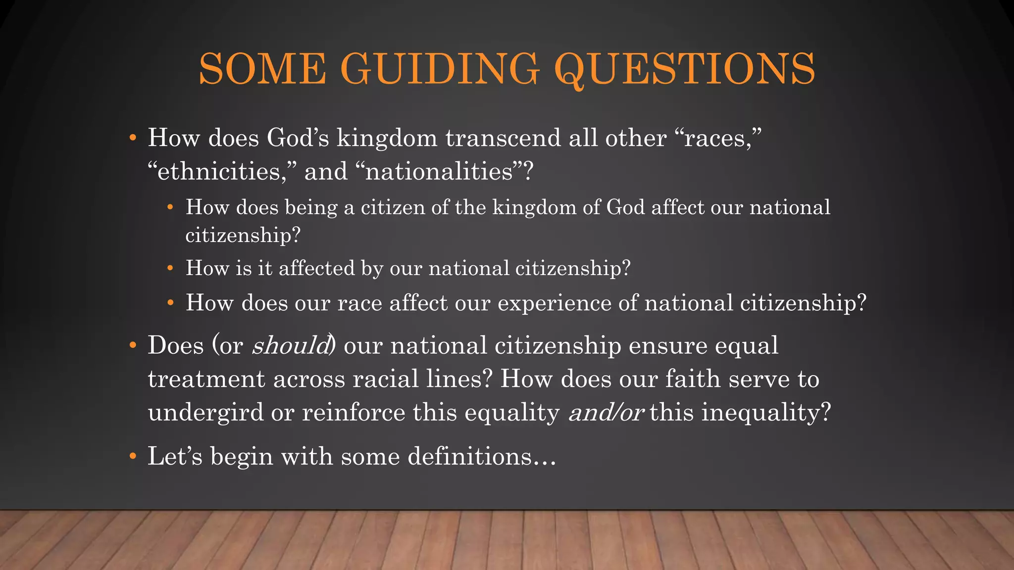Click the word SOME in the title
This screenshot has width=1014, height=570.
click(262, 69)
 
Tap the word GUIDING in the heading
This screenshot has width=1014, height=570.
click(440, 69)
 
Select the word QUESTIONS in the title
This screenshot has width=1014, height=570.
click(685, 70)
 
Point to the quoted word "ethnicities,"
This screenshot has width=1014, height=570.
click(222, 172)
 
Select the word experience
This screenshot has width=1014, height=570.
click(554, 303)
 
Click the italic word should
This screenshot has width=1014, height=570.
click(291, 345)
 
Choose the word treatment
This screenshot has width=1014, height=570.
click(206, 380)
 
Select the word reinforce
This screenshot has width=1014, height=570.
click(354, 413)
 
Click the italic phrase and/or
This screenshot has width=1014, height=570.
click(606, 413)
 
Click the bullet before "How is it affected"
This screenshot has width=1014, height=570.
click(170, 269)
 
